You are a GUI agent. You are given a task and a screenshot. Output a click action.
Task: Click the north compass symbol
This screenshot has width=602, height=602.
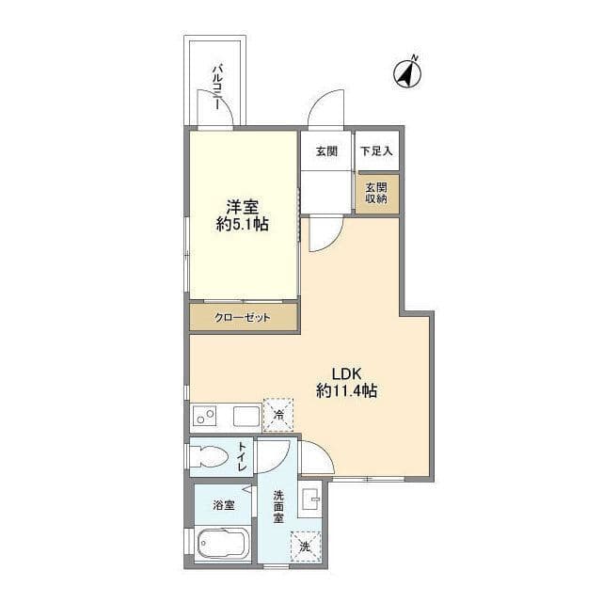point(407,72)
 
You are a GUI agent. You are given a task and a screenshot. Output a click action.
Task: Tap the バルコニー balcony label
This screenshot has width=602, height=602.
point(217,87)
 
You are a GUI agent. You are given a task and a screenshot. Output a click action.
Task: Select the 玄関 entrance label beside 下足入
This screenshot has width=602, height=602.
point(326,151)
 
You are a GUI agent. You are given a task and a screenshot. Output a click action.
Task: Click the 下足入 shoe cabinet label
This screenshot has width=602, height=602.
point(376,150)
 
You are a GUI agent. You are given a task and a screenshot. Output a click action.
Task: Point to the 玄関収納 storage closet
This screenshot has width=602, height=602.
point(377,194)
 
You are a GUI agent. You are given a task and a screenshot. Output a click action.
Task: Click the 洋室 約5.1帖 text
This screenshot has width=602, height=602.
point(243,215)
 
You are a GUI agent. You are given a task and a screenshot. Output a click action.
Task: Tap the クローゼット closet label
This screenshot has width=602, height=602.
point(243,318)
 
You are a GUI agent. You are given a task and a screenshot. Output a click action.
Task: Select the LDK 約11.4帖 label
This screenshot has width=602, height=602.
point(346,382)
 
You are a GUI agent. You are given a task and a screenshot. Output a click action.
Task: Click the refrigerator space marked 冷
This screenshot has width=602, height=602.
point(278,415)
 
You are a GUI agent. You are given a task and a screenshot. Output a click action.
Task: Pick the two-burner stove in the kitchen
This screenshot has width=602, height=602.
point(204,416)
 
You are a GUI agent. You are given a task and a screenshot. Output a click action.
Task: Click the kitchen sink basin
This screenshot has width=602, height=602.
point(246,416)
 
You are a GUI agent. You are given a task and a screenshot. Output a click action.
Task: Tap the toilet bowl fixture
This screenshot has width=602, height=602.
point(208,456)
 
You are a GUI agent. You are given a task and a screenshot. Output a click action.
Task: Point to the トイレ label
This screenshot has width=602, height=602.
point(242,456)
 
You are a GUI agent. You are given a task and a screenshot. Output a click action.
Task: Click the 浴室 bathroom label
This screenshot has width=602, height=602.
point(224,505)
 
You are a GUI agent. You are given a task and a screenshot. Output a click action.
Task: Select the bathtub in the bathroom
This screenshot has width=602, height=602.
point(223,544)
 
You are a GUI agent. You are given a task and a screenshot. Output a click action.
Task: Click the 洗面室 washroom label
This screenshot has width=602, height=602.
point(278,506)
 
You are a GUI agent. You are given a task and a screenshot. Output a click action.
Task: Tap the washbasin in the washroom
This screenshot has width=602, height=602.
point(311,499)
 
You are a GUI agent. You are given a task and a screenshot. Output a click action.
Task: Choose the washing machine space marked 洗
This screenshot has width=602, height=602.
point(305,547)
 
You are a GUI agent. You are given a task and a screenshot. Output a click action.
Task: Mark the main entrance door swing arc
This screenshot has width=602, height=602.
point(317,101)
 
